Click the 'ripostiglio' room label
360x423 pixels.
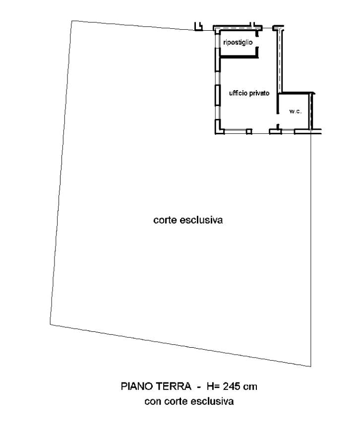pos(238,43)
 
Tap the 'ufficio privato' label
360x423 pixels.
pos(249,93)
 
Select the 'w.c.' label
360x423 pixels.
pos(295,111)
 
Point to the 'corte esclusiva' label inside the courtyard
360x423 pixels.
pos(188,220)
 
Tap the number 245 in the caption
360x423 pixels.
pos(231,386)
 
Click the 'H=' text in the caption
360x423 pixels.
pos(213,386)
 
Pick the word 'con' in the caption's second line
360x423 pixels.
pos(153,402)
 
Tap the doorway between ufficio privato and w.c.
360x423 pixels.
pos(278,119)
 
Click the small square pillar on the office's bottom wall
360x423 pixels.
pos(249,131)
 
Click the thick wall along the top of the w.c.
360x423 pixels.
pos(296,93)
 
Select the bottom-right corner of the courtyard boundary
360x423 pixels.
pos(310,367)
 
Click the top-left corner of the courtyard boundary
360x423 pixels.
pos(71,21)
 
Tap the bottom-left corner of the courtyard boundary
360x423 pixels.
pos(50,324)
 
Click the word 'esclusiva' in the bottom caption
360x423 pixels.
pos(212,401)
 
